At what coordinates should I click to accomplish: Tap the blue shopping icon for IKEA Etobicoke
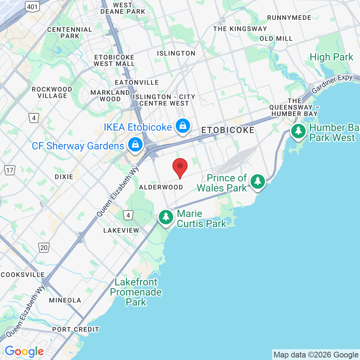(x=183, y=126)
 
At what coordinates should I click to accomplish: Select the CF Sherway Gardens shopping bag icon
(x=135, y=145)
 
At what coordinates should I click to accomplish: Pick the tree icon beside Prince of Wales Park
(x=257, y=181)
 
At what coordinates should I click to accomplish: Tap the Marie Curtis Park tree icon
(x=166, y=217)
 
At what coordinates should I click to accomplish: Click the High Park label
(x=331, y=57)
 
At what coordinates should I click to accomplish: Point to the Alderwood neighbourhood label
(x=161, y=187)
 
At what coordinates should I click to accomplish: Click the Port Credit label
(x=76, y=329)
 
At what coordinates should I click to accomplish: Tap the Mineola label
(x=65, y=300)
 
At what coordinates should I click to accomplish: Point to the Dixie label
(x=64, y=177)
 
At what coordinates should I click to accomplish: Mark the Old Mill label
(x=276, y=39)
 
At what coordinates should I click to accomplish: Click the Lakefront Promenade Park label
(x=136, y=292)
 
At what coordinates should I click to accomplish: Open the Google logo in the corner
(x=24, y=351)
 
